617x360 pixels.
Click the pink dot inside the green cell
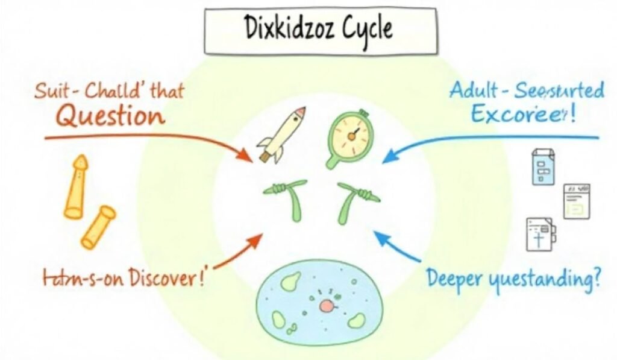[325, 306]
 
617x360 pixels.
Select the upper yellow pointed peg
[76, 186]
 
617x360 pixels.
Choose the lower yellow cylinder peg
[98, 226]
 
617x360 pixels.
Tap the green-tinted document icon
[575, 201]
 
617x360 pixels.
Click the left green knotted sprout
[289, 199]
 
